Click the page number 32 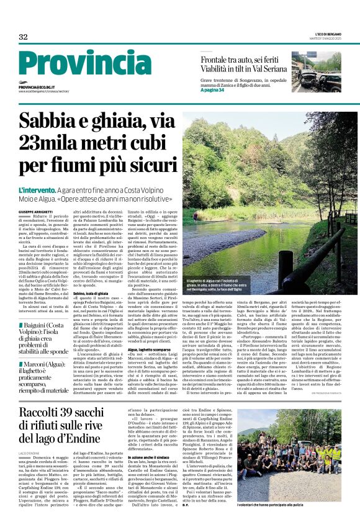(23, 37)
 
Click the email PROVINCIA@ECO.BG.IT (38, 88)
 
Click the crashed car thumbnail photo (316, 73)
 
